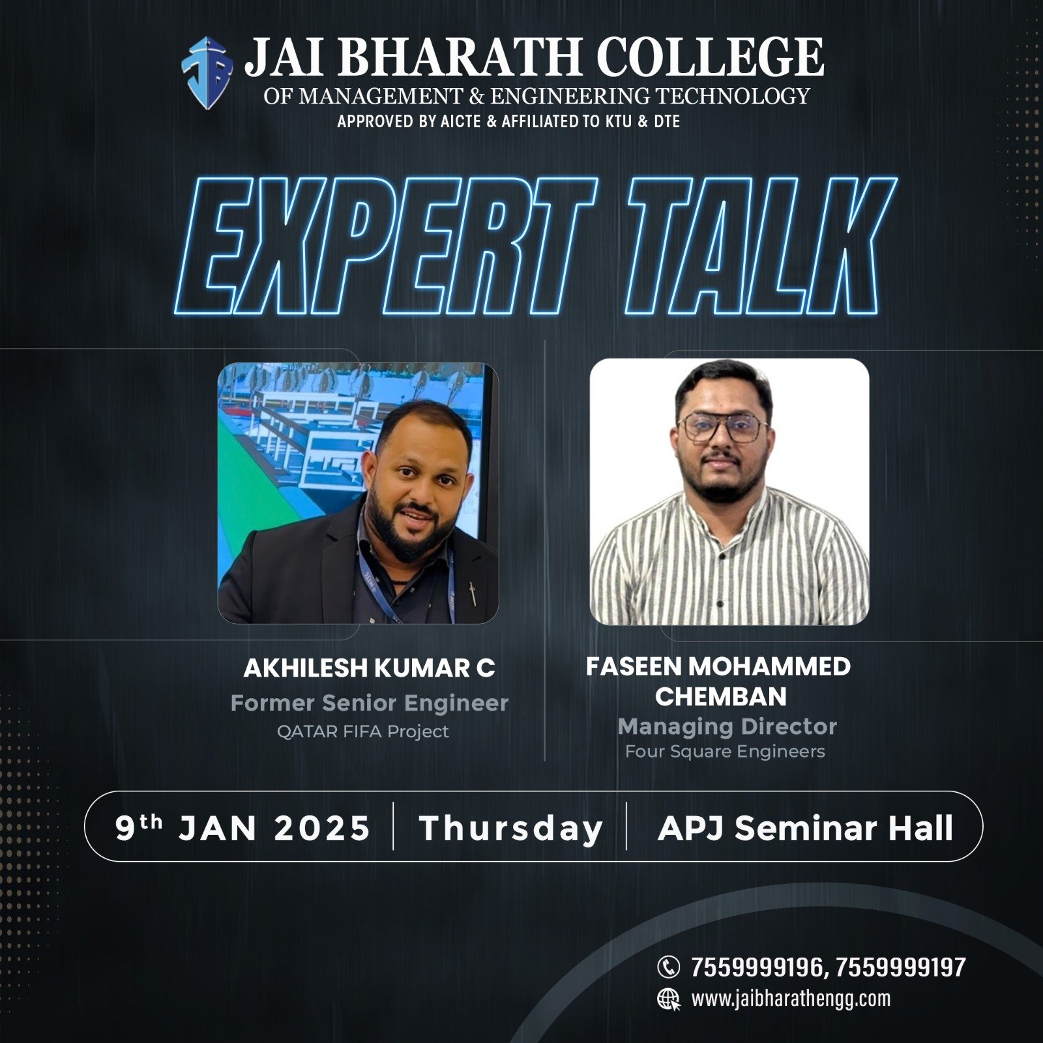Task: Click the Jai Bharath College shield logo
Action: pos(207,73)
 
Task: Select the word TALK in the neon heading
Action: pos(760,246)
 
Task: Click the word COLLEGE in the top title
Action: pos(710,57)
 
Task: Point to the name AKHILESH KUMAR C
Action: pos(369,668)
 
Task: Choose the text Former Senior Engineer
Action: pos(369,703)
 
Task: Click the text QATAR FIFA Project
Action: pos(363,731)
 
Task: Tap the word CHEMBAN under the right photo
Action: pos(721,697)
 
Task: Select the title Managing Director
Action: pos(727,726)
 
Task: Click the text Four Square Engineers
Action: pos(725,752)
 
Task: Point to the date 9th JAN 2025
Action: pos(242,828)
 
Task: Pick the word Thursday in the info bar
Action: pos(511,829)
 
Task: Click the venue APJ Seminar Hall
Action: pos(806,828)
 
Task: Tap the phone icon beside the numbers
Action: pos(668,967)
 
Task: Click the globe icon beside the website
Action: pos(669,999)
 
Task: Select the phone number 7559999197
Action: pos(900,967)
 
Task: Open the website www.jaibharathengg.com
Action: pos(791,999)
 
